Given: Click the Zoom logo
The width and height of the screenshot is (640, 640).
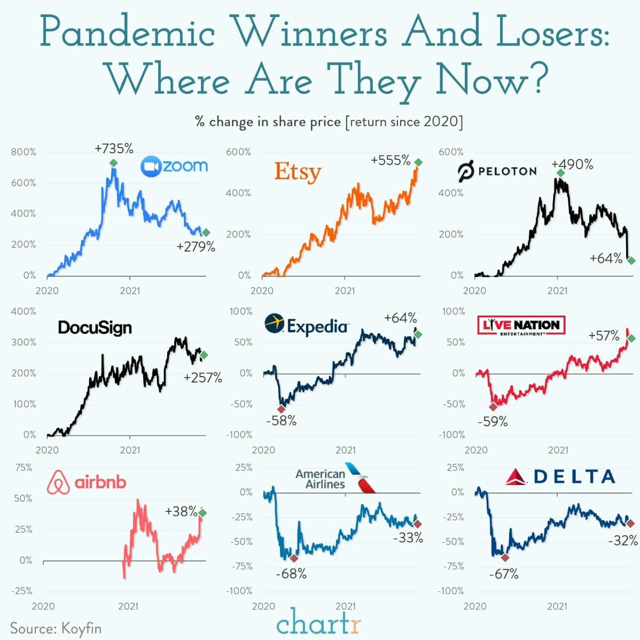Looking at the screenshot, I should (x=174, y=166).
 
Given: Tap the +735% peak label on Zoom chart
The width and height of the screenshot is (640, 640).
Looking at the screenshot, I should (x=114, y=149).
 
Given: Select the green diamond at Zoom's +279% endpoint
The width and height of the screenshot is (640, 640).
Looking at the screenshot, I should (x=206, y=232).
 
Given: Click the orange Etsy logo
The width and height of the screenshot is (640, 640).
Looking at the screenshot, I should (x=298, y=172).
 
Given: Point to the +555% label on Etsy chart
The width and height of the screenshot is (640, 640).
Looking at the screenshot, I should (x=391, y=160).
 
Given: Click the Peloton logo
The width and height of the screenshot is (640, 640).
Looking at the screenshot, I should (x=497, y=171).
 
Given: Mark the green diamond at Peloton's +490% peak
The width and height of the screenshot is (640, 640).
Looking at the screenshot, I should (x=560, y=173).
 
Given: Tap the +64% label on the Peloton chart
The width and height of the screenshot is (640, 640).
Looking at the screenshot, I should (x=606, y=259).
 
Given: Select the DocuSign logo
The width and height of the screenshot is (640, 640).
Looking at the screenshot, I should (x=95, y=327).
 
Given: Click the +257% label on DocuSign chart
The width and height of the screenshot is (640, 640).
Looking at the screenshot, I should (x=202, y=378).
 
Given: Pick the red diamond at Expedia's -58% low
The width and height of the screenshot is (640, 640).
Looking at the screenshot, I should (x=282, y=409).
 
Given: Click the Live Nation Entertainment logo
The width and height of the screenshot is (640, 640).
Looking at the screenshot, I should (x=521, y=325).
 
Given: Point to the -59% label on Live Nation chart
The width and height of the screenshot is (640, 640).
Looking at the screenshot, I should (x=493, y=422).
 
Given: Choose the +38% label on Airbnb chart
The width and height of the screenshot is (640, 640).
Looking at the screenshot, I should (x=181, y=511).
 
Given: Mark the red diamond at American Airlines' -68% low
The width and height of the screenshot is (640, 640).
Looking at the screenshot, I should (x=294, y=558).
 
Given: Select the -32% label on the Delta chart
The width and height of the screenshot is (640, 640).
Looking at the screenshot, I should (x=622, y=541).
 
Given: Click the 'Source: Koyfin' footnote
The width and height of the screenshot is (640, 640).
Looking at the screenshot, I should (x=56, y=628).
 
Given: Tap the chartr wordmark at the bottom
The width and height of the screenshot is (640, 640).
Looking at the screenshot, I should (x=319, y=623).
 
